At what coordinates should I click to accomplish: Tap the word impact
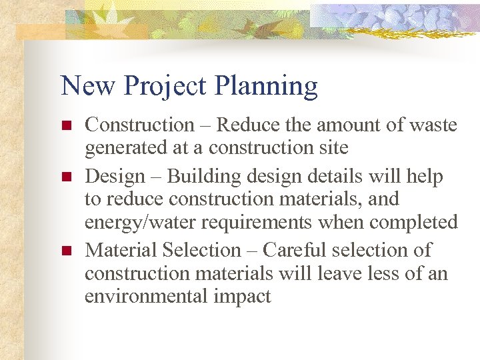click(x=243, y=297)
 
